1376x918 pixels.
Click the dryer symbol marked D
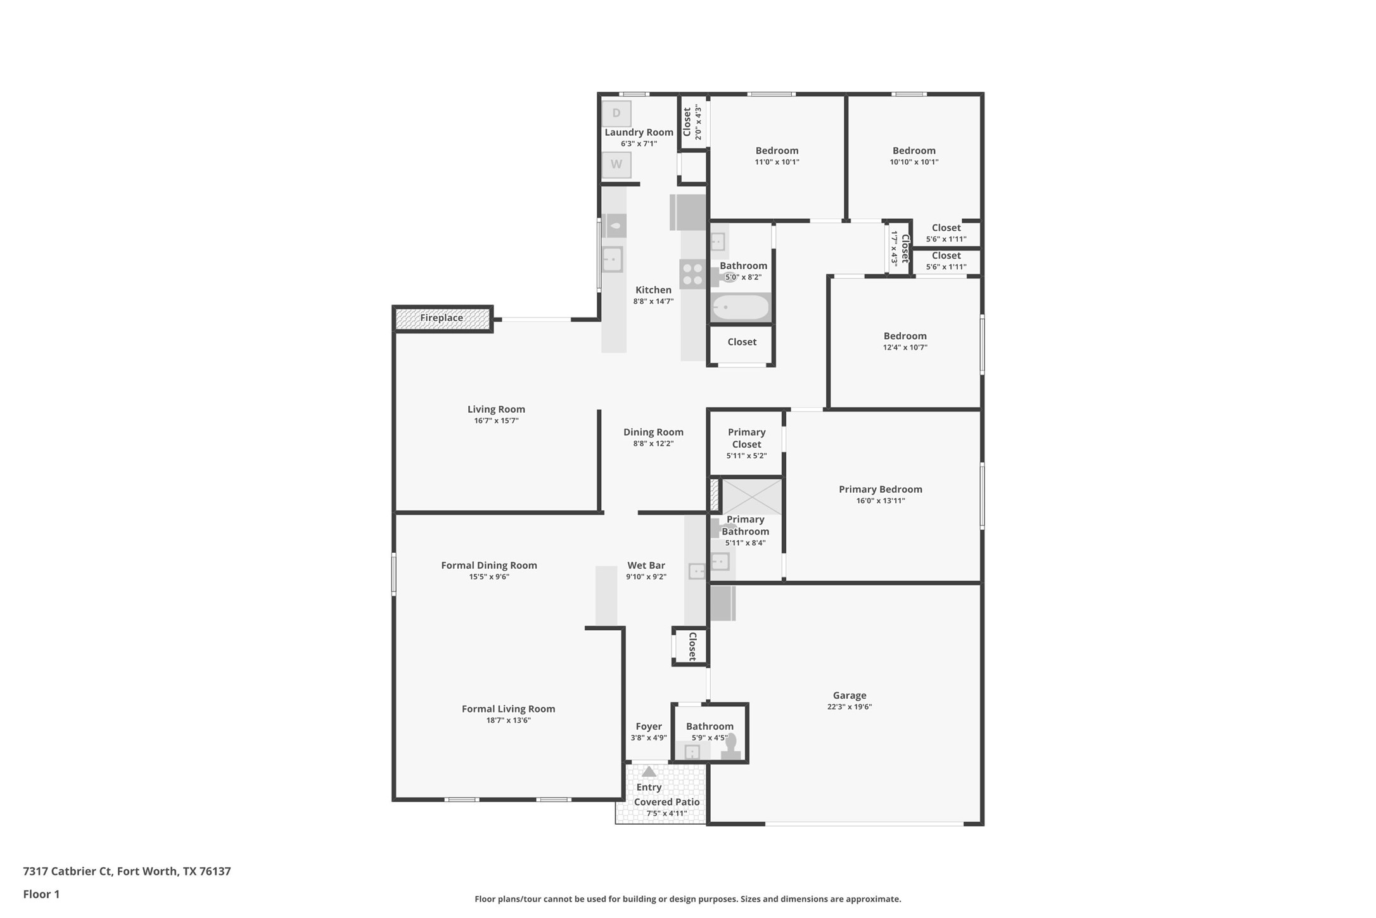point(616,113)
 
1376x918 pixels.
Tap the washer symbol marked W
point(616,164)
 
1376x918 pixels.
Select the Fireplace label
point(442,318)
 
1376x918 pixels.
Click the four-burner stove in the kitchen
point(692,274)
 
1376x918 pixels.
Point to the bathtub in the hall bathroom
point(740,307)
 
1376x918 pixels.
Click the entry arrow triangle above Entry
point(649,772)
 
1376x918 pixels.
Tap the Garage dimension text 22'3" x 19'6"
point(849,707)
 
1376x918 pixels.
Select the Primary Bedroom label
point(880,489)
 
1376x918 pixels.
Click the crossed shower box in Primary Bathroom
point(752,496)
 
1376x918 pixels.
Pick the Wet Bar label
point(646,565)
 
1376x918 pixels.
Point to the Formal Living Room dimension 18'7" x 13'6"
point(508,720)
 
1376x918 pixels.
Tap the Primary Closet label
point(746,438)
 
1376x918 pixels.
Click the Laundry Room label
point(639,132)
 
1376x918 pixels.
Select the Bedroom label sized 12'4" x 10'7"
point(905,336)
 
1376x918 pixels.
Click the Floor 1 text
point(41,895)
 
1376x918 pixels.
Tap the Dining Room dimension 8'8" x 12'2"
point(653,444)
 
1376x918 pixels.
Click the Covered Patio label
point(666,802)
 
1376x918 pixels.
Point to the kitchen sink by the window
point(612,259)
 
